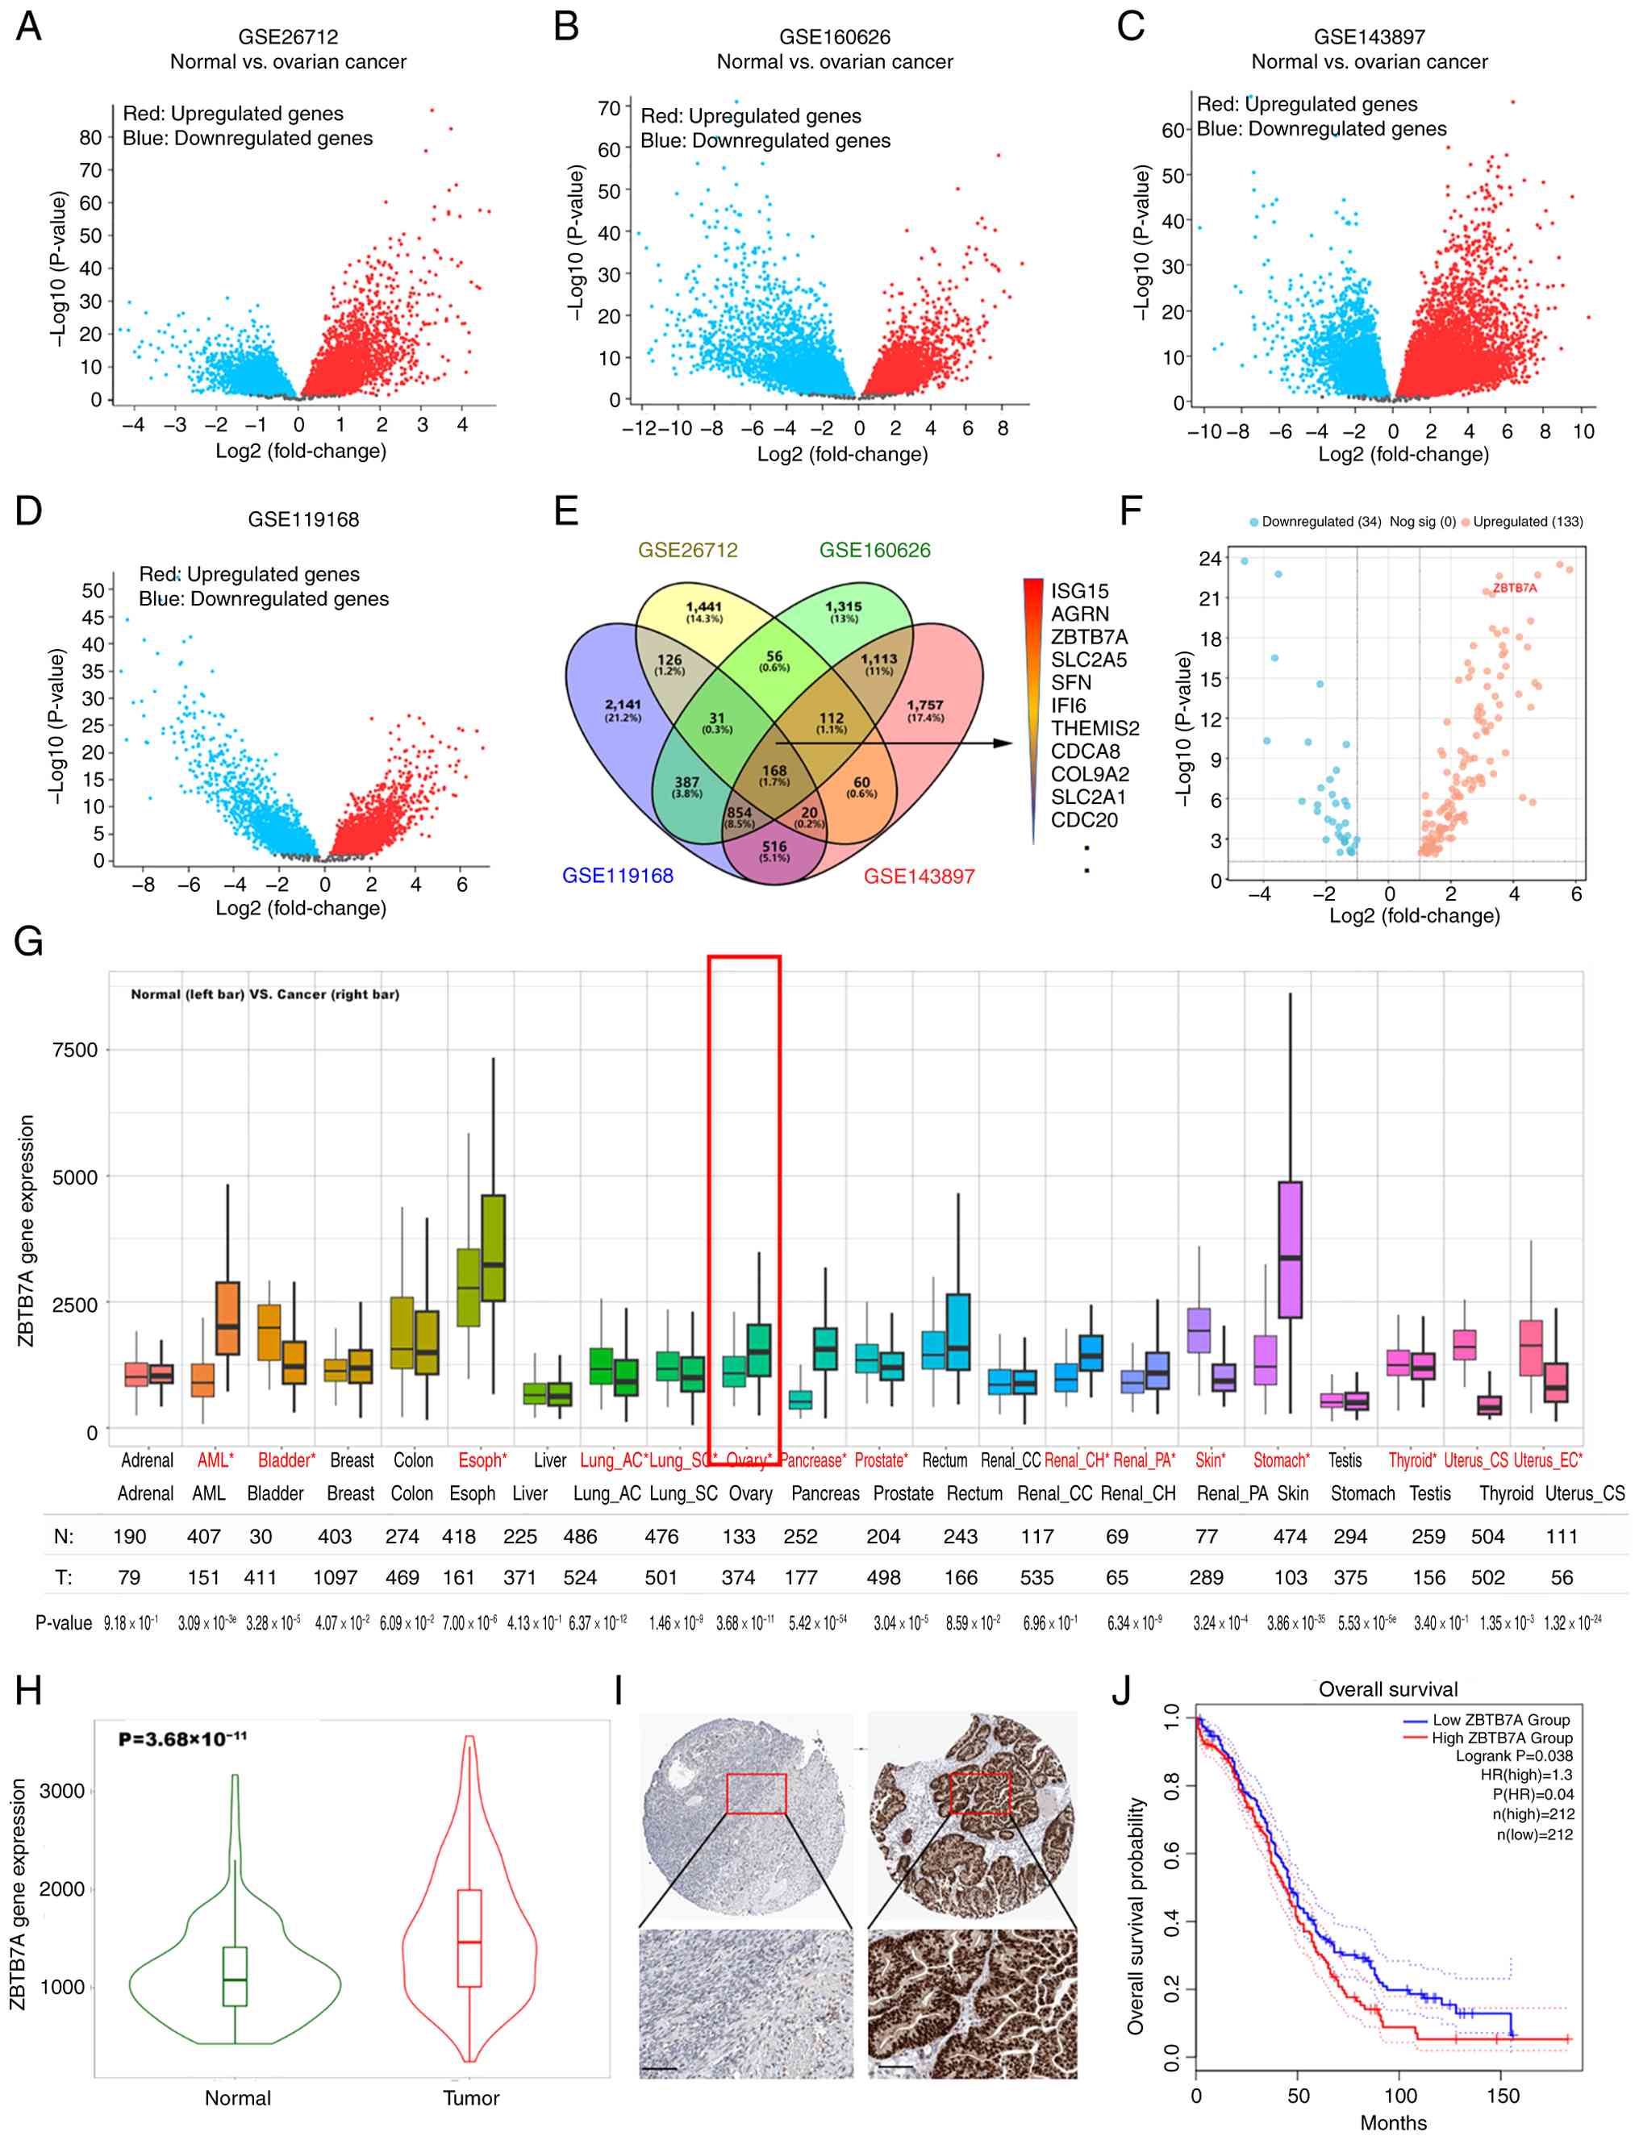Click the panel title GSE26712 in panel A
pyautogui.click(x=288, y=37)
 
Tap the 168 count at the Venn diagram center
pyautogui.click(x=774, y=771)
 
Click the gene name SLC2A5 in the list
pyautogui.click(x=1088, y=660)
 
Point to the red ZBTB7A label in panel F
pyautogui.click(x=1514, y=588)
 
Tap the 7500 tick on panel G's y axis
pyautogui.click(x=75, y=1051)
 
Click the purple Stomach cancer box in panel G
pyautogui.click(x=1290, y=1250)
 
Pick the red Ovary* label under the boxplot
pyautogui.click(x=749, y=1460)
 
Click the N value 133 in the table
pyautogui.click(x=739, y=1537)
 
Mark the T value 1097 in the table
pyautogui.click(x=335, y=1578)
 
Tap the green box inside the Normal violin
pyautogui.click(x=235, y=1976)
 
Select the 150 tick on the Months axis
pyautogui.click(x=1503, y=2096)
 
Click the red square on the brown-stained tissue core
pyautogui.click(x=979, y=1792)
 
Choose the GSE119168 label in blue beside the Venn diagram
pyautogui.click(x=618, y=876)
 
